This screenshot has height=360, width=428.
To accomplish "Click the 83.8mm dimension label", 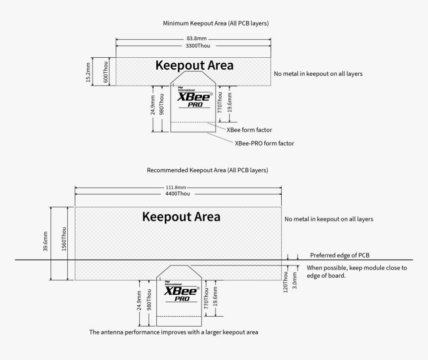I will tap(193, 38).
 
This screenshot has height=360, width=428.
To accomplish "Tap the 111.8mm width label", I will tap(178, 188).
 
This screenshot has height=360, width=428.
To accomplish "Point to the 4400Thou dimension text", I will tap(178, 194).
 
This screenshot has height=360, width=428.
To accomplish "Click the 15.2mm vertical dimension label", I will tap(88, 72).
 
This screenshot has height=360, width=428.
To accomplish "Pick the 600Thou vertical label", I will tap(105, 72).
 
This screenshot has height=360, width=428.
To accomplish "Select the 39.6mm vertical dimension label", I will tap(45, 242).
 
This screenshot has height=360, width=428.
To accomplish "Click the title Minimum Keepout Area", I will tap(216, 23).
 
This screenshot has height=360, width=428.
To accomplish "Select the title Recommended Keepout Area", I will tap(208, 170).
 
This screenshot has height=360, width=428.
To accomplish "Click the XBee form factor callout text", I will tap(249, 130).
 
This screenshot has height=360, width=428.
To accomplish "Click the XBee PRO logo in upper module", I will tap(194, 98).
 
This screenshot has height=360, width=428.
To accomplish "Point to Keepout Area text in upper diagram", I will tap(194, 65).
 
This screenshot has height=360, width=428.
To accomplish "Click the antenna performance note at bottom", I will tap(174, 332).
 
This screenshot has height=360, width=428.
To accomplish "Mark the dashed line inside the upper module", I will tap(193, 122).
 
